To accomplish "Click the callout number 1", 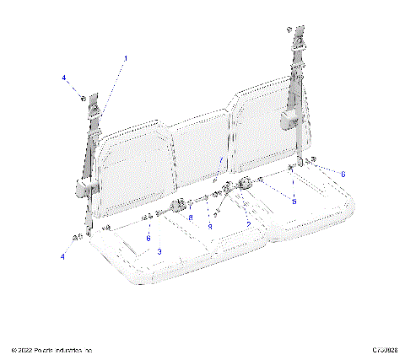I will pos(127,58).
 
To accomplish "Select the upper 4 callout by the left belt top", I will pos(63,78).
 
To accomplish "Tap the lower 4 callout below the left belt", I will pos(62,255).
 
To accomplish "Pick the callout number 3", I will pos(159,252).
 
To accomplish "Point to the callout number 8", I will pos(191,219).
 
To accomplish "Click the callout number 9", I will pos(210,227).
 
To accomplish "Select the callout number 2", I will pos(215,181).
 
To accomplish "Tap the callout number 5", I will pos(294,201).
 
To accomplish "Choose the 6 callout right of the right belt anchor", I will pos(343,174).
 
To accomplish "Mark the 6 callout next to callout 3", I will pos(148,239).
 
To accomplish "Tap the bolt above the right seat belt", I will pos(289,30).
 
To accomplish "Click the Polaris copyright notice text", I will pos(51,349).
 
